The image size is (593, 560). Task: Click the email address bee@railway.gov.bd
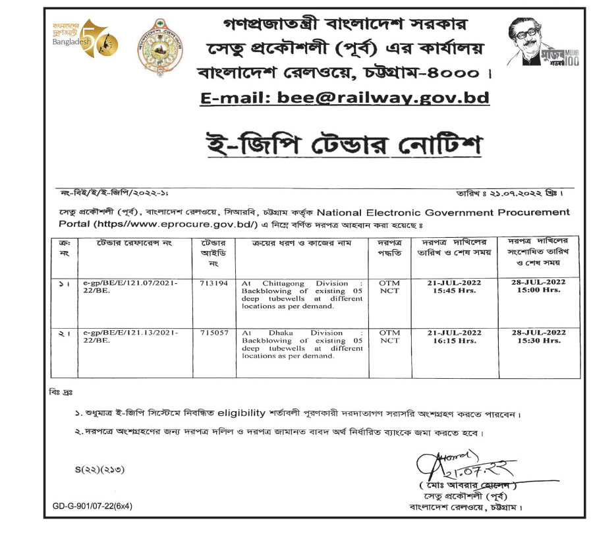coord(345,98)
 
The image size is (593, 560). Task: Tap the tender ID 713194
coord(215,283)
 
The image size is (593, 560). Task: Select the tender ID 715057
coord(215,333)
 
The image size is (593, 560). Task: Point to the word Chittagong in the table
coord(280,283)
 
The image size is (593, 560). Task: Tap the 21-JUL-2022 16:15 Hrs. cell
coord(454,337)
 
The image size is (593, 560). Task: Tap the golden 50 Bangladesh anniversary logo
coord(87,40)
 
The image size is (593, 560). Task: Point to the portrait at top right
coord(530,41)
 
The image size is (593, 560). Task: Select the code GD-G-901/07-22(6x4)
coord(92,506)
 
